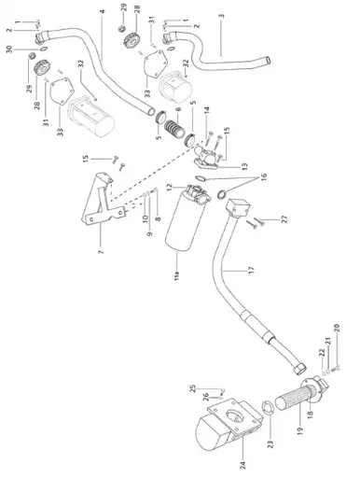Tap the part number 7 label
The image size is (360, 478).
click(x=101, y=253)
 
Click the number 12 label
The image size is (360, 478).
click(x=169, y=188)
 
